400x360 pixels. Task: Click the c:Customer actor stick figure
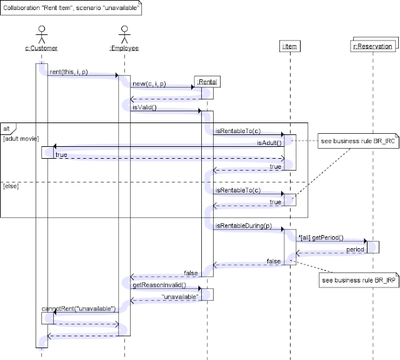tap(42, 34)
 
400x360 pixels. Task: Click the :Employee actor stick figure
tap(124, 34)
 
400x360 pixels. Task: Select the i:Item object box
tap(289, 47)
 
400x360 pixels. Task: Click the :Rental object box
tap(207, 81)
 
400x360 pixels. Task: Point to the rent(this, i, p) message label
tap(68, 72)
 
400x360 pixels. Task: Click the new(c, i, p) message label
tap(149, 84)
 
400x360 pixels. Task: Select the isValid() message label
tap(144, 107)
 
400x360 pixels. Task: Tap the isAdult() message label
tap(270, 142)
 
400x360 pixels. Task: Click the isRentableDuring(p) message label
tap(244, 225)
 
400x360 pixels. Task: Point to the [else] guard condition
tap(12, 186)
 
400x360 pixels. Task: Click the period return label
tap(355, 249)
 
